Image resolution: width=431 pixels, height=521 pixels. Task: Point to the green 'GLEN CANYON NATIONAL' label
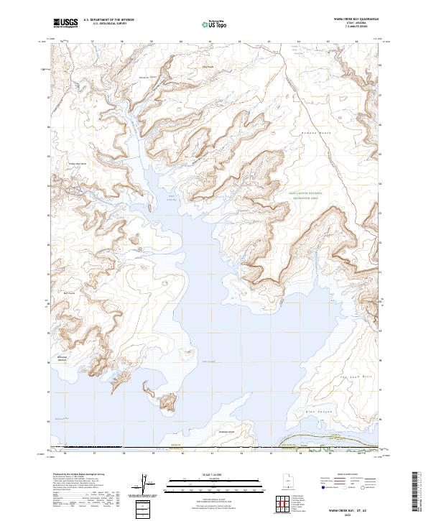tap(305, 193)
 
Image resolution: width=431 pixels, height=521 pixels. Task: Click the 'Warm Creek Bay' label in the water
tap(172, 198)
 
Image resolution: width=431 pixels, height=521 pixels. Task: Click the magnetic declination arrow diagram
tap(147, 484)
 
